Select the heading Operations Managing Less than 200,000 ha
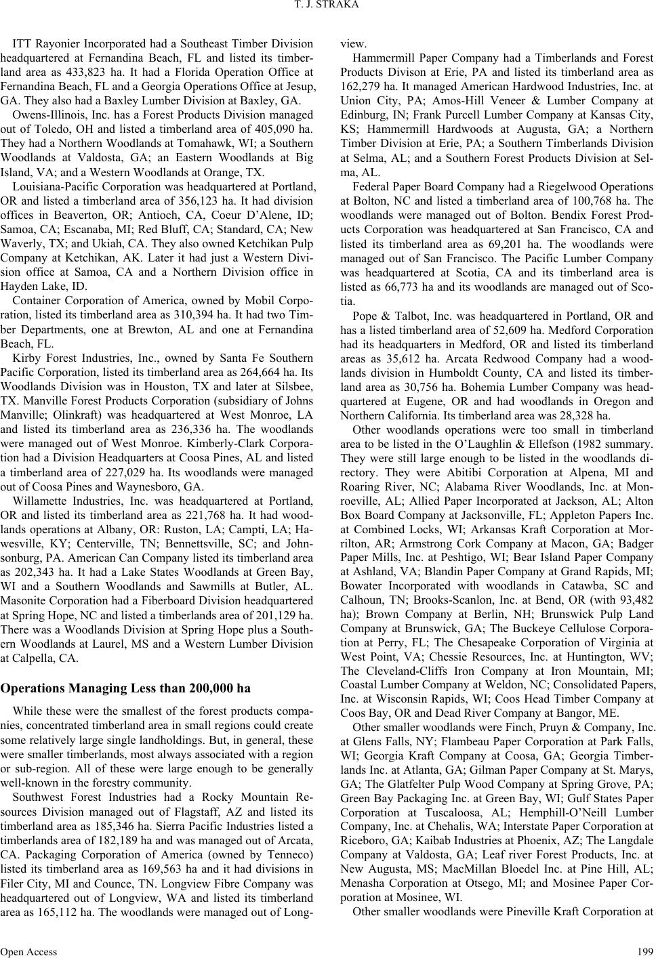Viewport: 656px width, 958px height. pos(125,688)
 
